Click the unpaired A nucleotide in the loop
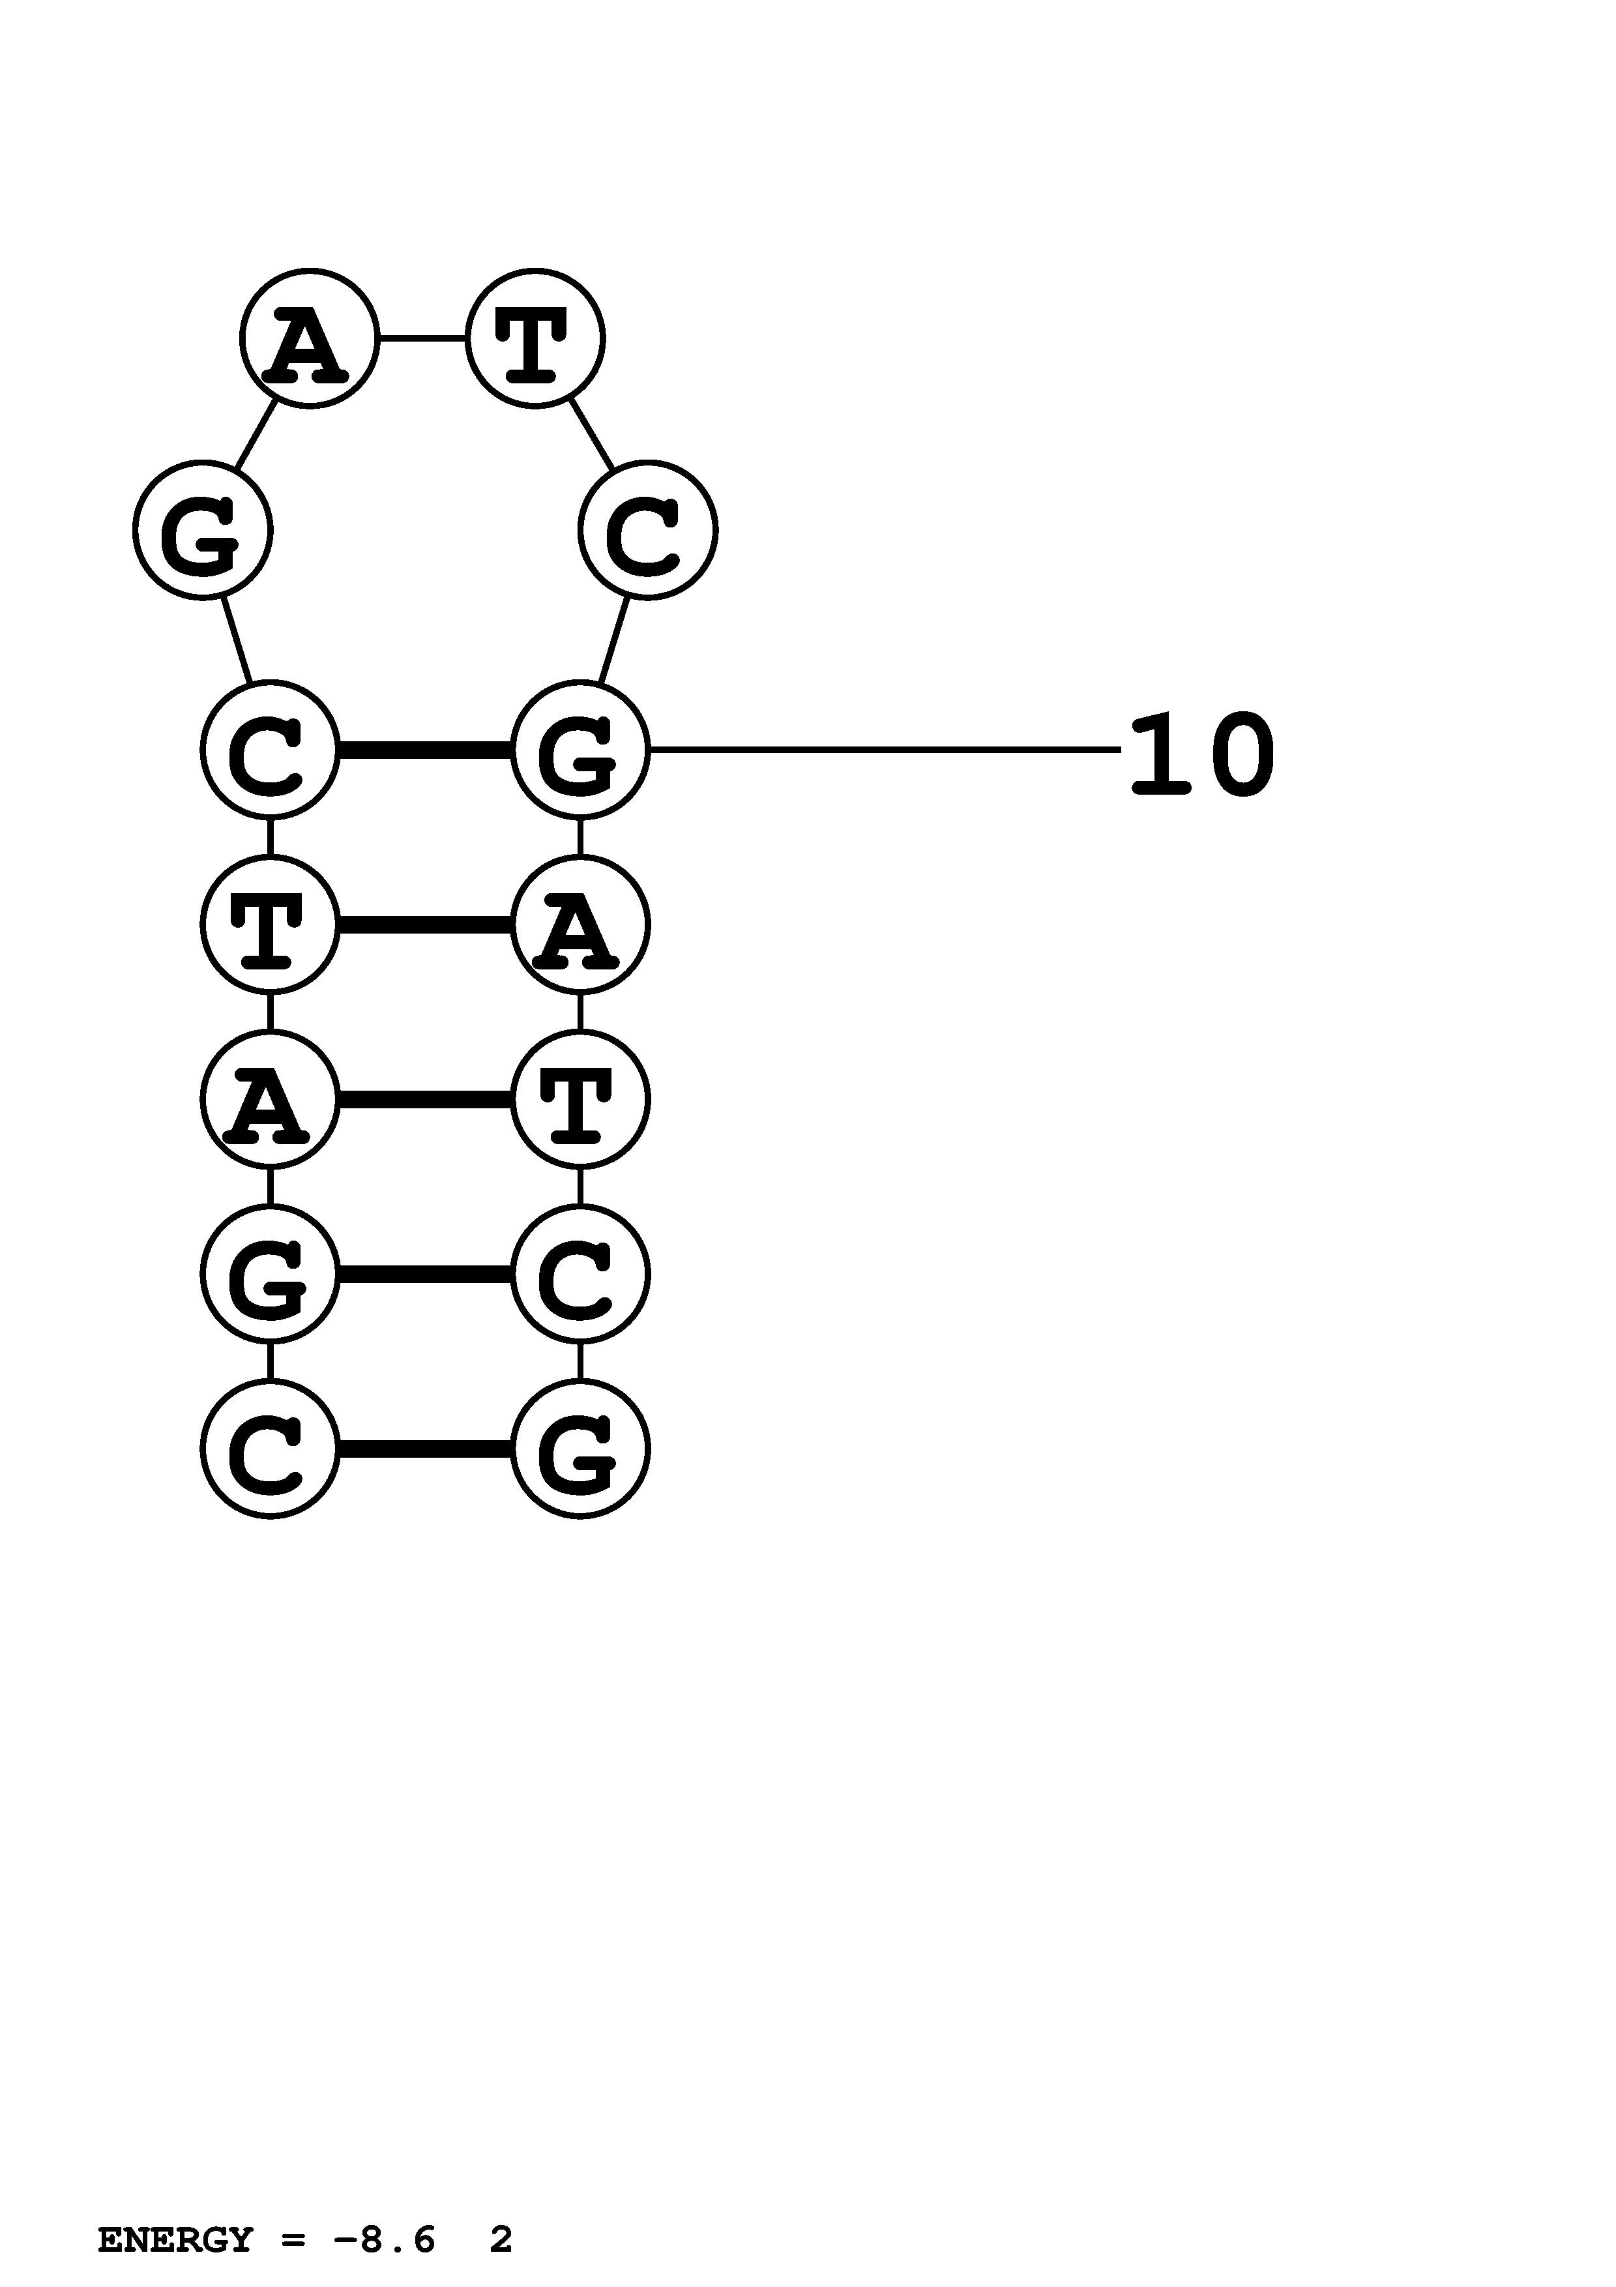tap(308, 338)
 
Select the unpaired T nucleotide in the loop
tap(535, 338)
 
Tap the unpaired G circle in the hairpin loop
tap(202, 530)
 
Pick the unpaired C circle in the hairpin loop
tap(647, 530)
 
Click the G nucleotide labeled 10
tap(580, 749)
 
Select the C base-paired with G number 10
tap(270, 749)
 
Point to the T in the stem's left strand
tap(270, 924)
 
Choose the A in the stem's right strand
tap(580, 924)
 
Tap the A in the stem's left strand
tap(270, 1099)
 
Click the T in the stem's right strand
tap(580, 1099)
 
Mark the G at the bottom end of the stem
tap(580, 1449)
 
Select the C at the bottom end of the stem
tap(270, 1449)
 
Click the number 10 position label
tap(1202, 755)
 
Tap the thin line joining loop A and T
tap(422, 338)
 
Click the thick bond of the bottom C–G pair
tap(425, 1449)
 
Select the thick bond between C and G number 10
tap(425, 749)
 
